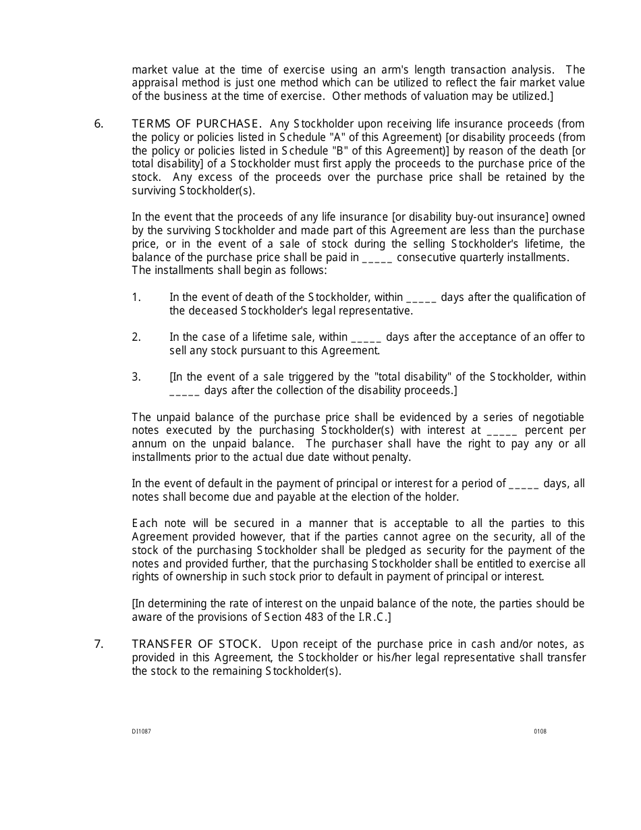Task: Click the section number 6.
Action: (99, 123)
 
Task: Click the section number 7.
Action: (99, 644)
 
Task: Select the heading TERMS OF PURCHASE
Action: (196, 123)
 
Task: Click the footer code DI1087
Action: (141, 731)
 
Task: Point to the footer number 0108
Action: (540, 731)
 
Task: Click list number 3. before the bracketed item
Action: (136, 377)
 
